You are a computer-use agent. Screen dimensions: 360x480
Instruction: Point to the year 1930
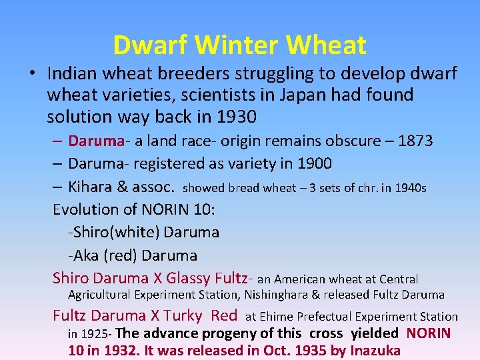(x=236, y=117)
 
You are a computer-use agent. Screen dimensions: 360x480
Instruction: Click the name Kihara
(x=94, y=187)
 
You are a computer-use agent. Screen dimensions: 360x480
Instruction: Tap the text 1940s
(x=409, y=188)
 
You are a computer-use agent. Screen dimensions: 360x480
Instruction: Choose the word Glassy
(x=189, y=278)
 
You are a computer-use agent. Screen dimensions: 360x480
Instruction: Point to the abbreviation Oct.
(x=267, y=349)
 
